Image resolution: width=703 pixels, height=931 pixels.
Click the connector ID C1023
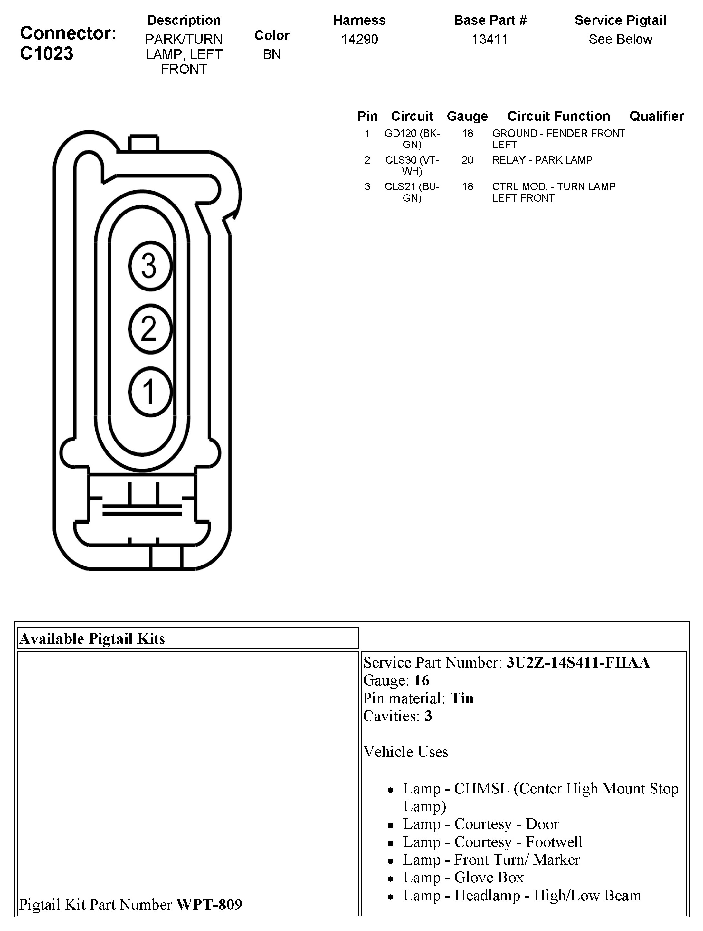point(46,53)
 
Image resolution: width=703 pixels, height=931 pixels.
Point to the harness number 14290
point(359,39)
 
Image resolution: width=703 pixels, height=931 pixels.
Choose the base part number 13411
point(489,39)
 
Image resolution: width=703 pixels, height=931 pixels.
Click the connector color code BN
point(271,54)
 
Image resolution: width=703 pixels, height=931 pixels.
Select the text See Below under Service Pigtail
point(620,39)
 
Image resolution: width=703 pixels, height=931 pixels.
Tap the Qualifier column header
point(656,116)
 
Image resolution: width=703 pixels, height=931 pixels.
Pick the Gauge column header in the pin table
point(467,116)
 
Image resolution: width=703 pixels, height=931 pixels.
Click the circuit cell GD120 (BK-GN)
point(412,139)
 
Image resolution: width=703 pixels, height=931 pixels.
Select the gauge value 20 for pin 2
point(467,160)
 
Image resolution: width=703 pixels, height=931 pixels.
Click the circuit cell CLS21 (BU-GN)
point(412,192)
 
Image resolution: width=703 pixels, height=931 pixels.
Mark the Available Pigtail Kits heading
point(92,639)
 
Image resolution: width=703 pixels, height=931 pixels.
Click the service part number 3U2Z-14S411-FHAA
point(577,662)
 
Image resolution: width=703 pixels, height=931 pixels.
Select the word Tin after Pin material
point(462,698)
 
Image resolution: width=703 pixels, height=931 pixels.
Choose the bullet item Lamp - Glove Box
point(463,877)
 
